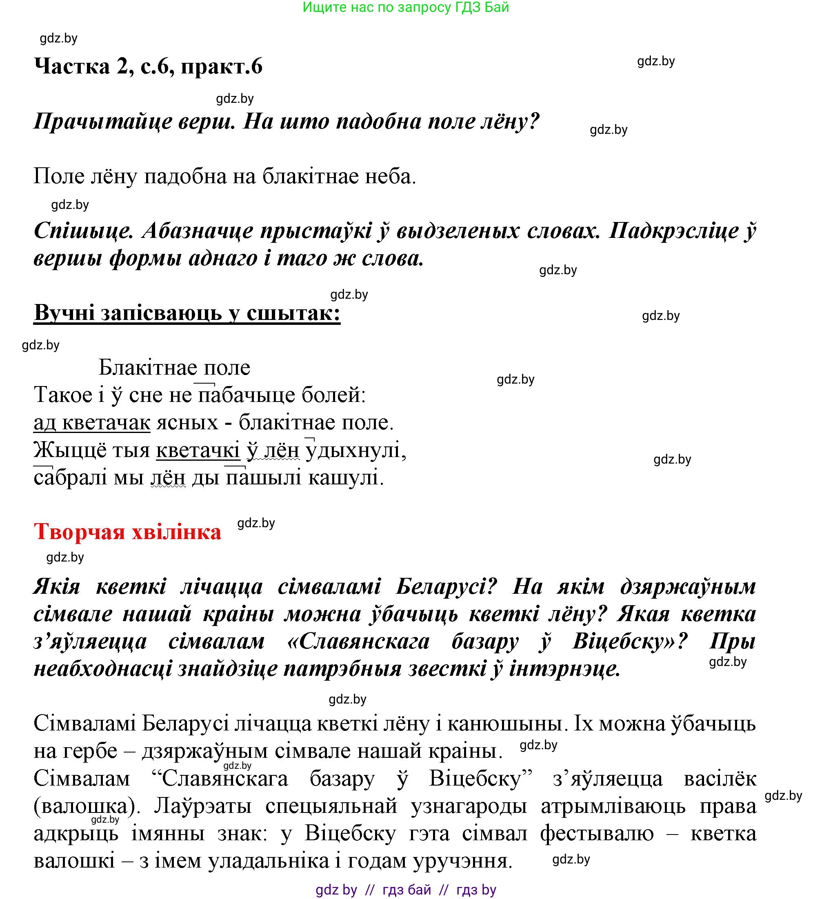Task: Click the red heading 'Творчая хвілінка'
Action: (128, 532)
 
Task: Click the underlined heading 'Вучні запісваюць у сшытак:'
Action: (187, 313)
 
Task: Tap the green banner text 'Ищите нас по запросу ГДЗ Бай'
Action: (405, 8)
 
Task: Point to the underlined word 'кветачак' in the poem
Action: (106, 423)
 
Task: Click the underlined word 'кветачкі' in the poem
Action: (198, 451)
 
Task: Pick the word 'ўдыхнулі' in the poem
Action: (356, 451)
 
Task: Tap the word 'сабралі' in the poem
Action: (70, 478)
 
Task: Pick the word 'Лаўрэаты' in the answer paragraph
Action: (203, 807)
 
